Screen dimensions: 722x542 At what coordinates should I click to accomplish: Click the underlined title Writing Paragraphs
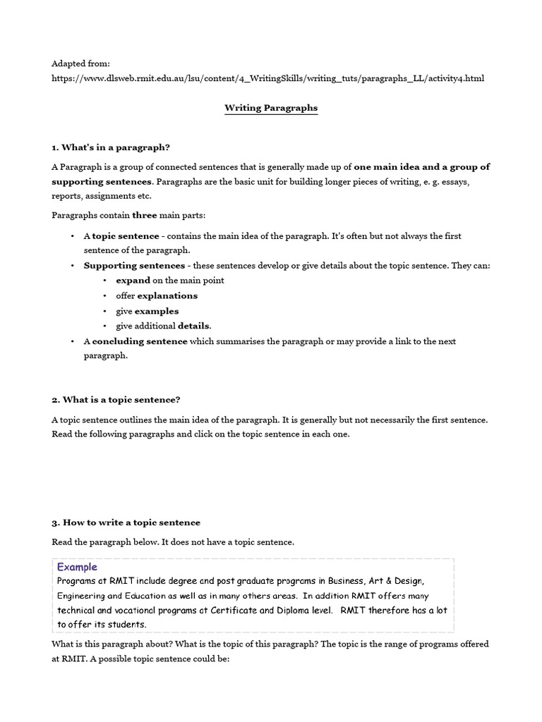point(271,108)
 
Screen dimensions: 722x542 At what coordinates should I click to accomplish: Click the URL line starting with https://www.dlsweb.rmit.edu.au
point(267,78)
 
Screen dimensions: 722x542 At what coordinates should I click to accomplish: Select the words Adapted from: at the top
point(80,63)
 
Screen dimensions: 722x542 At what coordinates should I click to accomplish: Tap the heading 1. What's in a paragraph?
point(111,147)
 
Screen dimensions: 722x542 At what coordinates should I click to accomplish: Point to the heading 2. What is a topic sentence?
point(116,400)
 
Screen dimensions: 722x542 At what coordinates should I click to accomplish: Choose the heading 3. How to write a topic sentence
point(126,522)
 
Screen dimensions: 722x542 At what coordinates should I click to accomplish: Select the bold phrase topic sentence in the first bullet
point(125,236)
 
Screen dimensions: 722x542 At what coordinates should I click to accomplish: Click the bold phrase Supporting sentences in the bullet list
point(134,266)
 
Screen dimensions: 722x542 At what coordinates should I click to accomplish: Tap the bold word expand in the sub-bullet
point(133,281)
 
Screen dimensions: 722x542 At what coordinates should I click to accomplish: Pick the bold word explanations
point(167,295)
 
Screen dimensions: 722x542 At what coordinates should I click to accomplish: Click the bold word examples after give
point(157,311)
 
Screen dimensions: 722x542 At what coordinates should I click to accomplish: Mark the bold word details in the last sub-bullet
point(193,326)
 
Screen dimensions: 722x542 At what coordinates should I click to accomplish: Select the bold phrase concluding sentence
point(140,341)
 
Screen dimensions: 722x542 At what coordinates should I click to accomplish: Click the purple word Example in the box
point(77,567)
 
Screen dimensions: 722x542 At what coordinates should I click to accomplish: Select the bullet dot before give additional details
point(104,326)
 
